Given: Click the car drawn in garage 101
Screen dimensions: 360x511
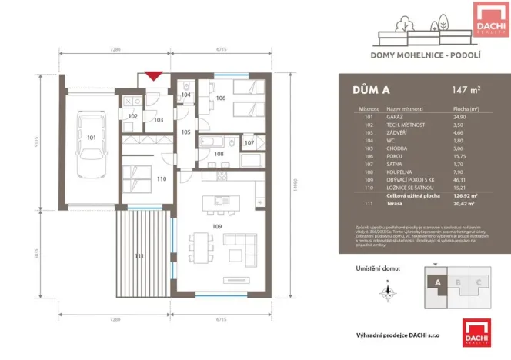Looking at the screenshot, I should point(91,139).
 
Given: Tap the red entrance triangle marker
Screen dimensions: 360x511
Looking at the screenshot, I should point(154,76).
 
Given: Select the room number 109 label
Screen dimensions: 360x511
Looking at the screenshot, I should point(218,226).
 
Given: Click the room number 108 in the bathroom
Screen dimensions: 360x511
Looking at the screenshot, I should point(218,154).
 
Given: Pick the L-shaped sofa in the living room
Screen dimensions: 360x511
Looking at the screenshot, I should point(242,248).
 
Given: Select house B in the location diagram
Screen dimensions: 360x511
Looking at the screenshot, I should point(459,282).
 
